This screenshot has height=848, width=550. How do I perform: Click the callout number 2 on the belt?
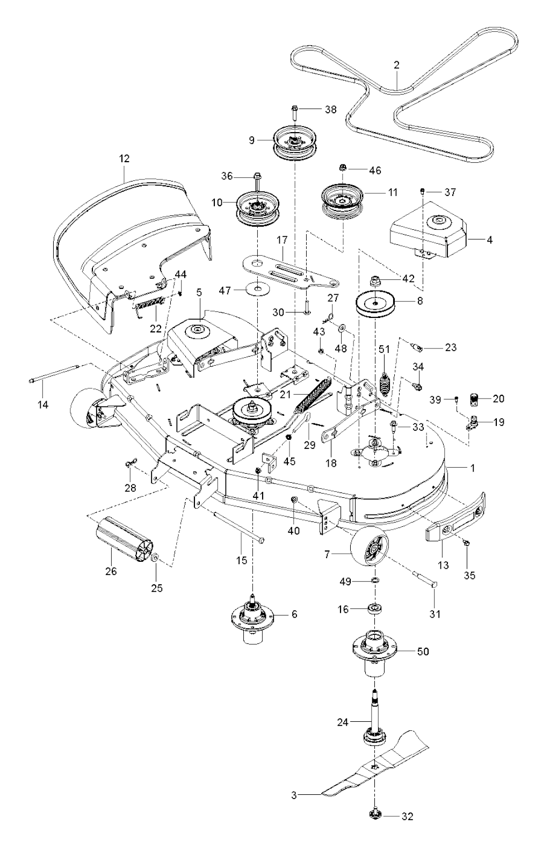(x=396, y=66)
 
